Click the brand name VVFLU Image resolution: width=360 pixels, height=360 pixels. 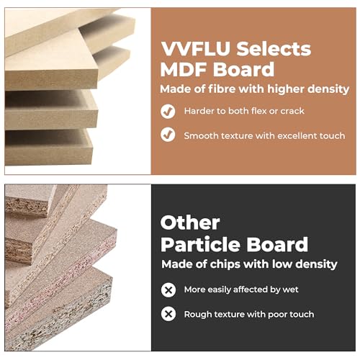(196, 49)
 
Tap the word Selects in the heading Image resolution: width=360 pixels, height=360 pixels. (274, 49)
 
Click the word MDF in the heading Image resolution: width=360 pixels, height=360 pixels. (184, 70)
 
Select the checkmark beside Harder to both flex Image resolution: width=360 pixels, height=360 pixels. (168, 112)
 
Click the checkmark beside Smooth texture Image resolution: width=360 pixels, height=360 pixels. (168, 135)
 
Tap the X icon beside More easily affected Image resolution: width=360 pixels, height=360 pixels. (168, 290)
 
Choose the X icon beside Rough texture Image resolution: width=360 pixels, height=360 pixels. (168, 314)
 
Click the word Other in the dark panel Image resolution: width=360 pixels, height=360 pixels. (190, 222)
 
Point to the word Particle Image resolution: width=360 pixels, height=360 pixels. (201, 244)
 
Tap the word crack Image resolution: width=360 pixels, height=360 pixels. (292, 111)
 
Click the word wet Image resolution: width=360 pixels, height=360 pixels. (290, 289)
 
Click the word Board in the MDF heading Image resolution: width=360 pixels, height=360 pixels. (243, 70)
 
